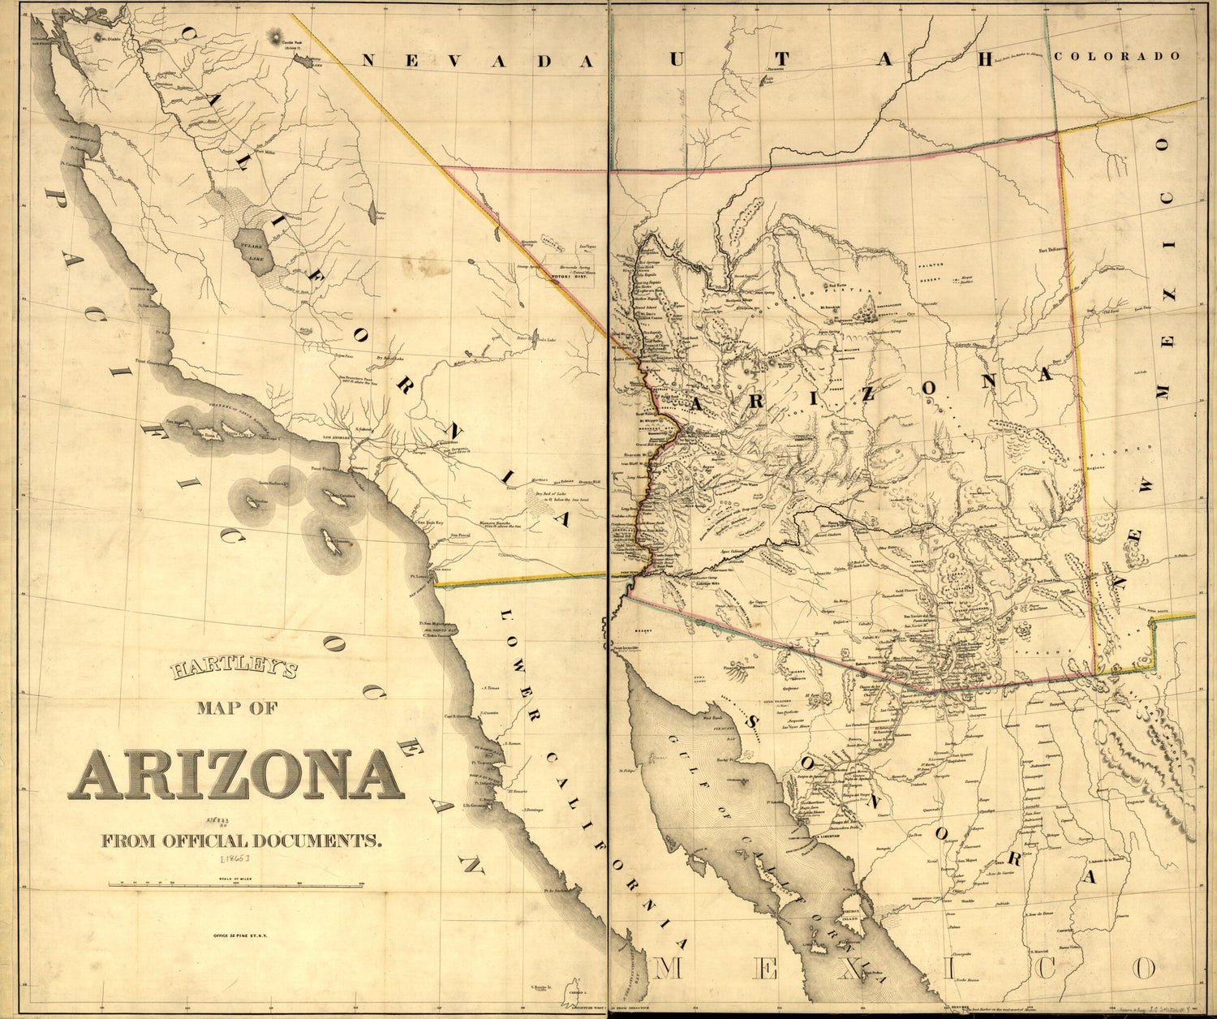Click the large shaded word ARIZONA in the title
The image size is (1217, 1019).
(x=235, y=776)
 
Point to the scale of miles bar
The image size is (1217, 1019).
(x=235, y=885)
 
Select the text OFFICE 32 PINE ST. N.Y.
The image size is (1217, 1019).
(x=240, y=935)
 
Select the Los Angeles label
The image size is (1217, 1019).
(x=338, y=437)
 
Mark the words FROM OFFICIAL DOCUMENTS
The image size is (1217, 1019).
(x=242, y=841)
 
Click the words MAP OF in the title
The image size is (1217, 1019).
(x=237, y=708)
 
